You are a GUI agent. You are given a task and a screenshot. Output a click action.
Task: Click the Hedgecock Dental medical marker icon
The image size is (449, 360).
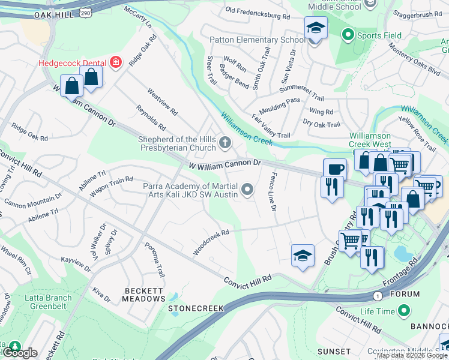pyautogui.click(x=115, y=62)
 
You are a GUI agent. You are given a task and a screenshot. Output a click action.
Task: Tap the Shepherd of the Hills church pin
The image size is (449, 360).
pyautogui.click(x=225, y=142)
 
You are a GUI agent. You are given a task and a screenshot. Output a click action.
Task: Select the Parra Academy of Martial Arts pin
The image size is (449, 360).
pyautogui.click(x=247, y=191)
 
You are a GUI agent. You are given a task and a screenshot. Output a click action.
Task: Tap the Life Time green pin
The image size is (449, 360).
pyautogui.click(x=404, y=311)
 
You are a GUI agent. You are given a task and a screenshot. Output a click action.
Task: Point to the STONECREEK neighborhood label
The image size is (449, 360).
pyautogui.click(x=196, y=308)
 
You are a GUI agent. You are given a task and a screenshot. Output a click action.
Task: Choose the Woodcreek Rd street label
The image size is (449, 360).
pyautogui.click(x=211, y=241)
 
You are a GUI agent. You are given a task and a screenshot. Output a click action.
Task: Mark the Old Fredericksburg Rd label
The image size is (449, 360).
pyautogui.click(x=258, y=10)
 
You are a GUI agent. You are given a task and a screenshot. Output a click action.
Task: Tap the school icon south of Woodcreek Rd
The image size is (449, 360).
pyautogui.click(x=303, y=256)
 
